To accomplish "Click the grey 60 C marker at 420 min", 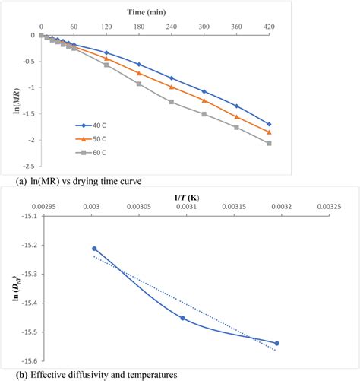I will point(312,143).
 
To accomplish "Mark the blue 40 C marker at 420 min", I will point(312,124).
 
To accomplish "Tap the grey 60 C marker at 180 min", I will point(139,83).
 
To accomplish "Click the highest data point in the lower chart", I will point(95,249).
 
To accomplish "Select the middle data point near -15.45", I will point(183,318).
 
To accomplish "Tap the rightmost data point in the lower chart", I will point(276,343).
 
